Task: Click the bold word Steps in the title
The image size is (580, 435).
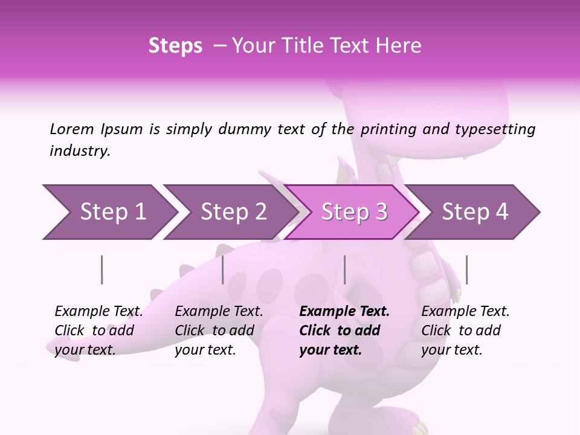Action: (175, 46)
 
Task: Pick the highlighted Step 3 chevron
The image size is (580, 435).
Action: (354, 211)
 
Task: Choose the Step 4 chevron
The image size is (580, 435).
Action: (475, 211)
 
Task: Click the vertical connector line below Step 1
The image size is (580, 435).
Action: (102, 269)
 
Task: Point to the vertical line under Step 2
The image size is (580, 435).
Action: (223, 269)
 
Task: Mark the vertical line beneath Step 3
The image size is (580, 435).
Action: (344, 269)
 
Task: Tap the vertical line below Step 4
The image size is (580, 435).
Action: (466, 269)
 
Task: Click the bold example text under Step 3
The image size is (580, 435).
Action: (343, 330)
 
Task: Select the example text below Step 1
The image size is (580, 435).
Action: (98, 330)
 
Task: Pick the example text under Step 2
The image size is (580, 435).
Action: (218, 330)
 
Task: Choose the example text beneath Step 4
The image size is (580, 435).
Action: (465, 330)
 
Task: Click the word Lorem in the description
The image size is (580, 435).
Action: (72, 129)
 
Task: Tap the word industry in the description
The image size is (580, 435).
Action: (80, 150)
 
